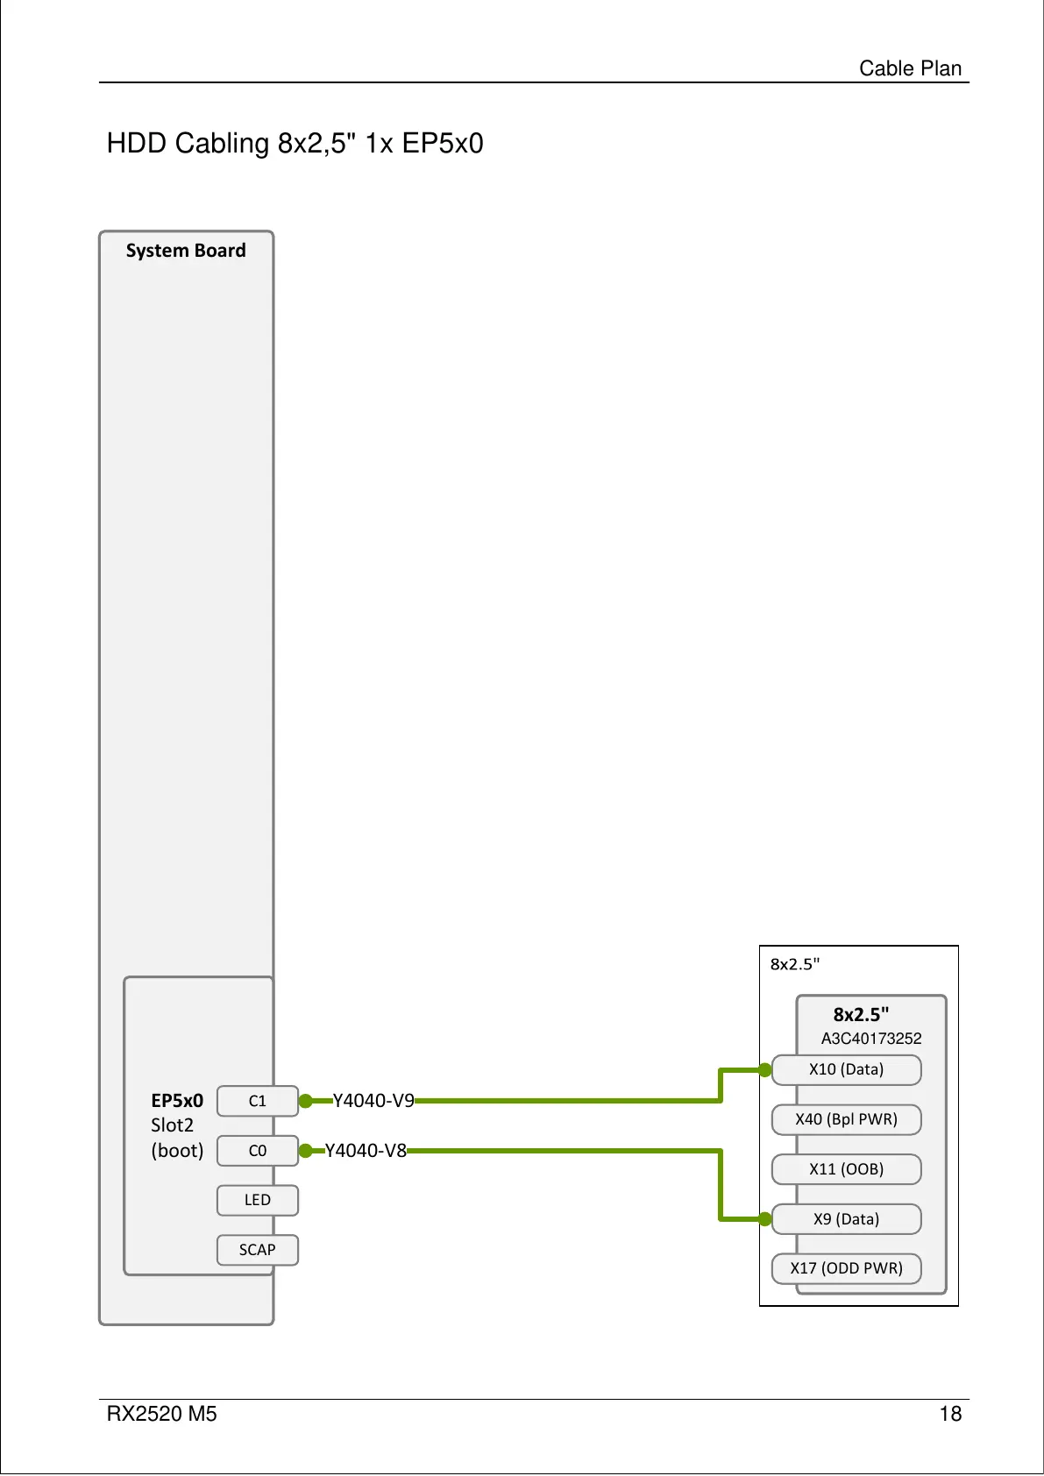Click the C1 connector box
click(257, 1101)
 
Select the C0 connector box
click(257, 1151)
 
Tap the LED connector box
click(257, 1200)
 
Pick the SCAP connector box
click(257, 1250)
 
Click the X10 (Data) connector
click(846, 1069)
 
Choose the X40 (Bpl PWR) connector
click(846, 1119)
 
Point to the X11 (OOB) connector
click(846, 1169)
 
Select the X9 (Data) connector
click(846, 1219)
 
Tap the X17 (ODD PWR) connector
click(846, 1268)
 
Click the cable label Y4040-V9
click(373, 1101)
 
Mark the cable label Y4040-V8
click(366, 1151)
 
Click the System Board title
click(186, 251)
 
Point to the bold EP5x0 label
click(177, 1101)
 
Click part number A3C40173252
click(871, 1039)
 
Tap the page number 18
click(950, 1414)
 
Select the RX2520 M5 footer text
click(161, 1414)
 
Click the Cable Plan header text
click(910, 68)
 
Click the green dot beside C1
click(306, 1101)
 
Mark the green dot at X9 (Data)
click(765, 1219)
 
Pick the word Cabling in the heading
click(222, 143)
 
